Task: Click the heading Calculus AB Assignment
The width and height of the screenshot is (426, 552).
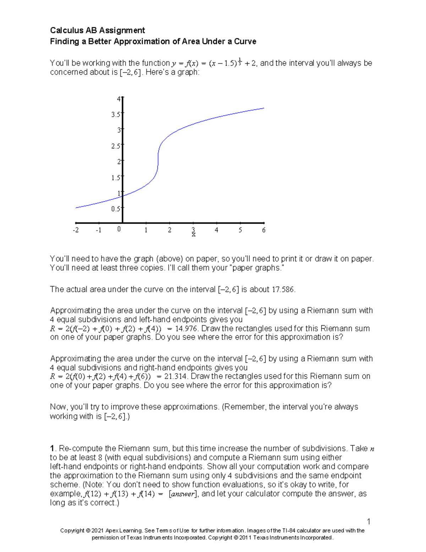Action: click(97, 30)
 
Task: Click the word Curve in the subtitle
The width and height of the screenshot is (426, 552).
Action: click(245, 42)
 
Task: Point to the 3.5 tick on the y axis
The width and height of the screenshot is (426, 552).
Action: click(116, 114)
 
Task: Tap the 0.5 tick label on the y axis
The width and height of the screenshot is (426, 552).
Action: click(116, 209)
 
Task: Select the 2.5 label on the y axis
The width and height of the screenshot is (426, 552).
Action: click(116, 146)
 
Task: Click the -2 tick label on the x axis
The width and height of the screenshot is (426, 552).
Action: click(76, 230)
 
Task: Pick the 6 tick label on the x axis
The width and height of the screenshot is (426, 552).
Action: click(264, 230)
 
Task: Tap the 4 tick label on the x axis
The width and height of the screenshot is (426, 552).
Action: click(217, 230)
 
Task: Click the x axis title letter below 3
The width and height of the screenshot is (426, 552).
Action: click(193, 235)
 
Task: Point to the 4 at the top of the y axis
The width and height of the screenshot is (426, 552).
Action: click(119, 99)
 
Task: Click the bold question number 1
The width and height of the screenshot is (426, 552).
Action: click(52, 449)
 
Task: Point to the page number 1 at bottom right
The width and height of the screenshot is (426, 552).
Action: click(368, 521)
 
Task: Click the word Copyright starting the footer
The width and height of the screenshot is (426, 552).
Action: click(72, 531)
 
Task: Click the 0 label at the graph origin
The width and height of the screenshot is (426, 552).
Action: click(119, 229)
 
